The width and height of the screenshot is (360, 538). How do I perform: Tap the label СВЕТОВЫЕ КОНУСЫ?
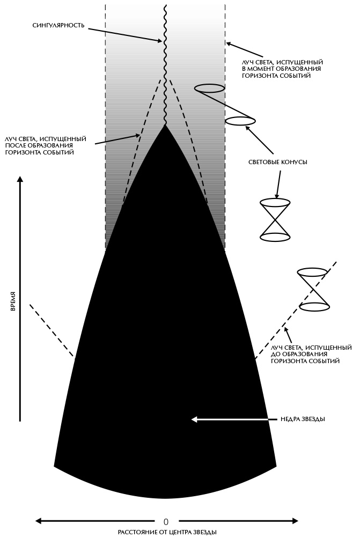tap(278, 161)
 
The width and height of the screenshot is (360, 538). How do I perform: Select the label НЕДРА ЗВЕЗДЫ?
tap(303, 419)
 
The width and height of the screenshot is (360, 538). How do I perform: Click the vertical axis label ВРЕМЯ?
tap(12, 301)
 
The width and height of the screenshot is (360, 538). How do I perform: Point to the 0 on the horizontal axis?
tap(166, 521)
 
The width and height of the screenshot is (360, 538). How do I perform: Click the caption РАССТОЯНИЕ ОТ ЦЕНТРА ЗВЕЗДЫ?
tap(167, 532)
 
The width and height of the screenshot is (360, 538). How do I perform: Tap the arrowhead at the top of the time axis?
tap(20, 180)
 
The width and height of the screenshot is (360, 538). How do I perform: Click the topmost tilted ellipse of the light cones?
tap(209, 88)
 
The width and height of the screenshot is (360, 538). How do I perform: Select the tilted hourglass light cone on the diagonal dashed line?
tap(313, 289)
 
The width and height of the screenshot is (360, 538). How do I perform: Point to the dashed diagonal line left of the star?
tap(51, 330)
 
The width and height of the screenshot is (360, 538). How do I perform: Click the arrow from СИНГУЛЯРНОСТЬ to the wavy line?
tap(123, 33)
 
